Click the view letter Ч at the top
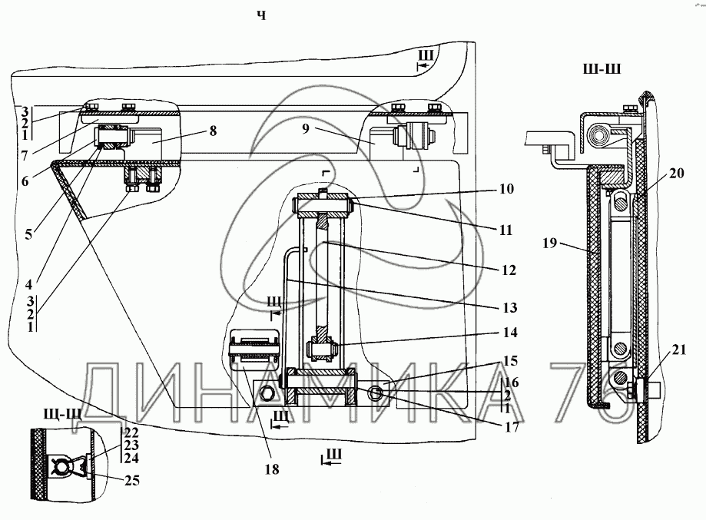pyautogui.click(x=262, y=16)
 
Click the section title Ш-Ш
pyautogui.click(x=602, y=69)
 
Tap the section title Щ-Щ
pyautogui.click(x=62, y=412)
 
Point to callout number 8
pyautogui.click(x=213, y=131)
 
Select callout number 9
pyautogui.click(x=306, y=129)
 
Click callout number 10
pyautogui.click(x=506, y=189)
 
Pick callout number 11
pyautogui.click(x=506, y=230)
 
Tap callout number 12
pyautogui.click(x=509, y=270)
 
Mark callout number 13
pyautogui.click(x=509, y=308)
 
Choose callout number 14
pyautogui.click(x=510, y=333)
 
